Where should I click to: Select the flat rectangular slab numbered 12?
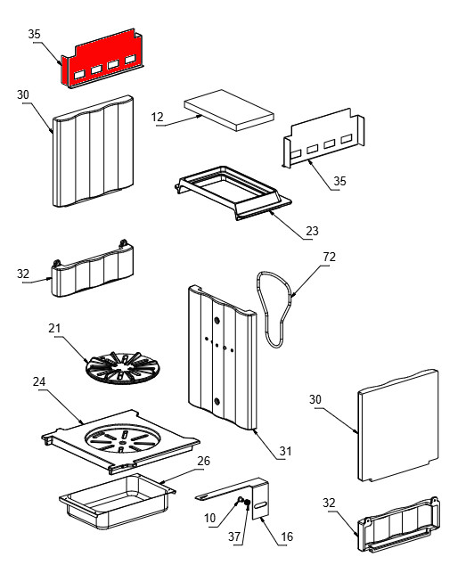[229, 110]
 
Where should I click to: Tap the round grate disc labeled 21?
[122, 367]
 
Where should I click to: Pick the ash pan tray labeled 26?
[117, 501]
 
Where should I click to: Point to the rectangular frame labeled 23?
[233, 192]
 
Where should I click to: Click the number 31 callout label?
[286, 451]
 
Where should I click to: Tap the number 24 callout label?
[39, 381]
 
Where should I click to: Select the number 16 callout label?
[287, 536]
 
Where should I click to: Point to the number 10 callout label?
[209, 518]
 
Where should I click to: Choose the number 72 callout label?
[329, 257]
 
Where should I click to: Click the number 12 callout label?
[158, 117]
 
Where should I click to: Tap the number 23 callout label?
[312, 231]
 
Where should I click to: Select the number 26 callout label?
[203, 461]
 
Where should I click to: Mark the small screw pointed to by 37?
[247, 504]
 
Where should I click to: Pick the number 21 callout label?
[54, 328]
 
